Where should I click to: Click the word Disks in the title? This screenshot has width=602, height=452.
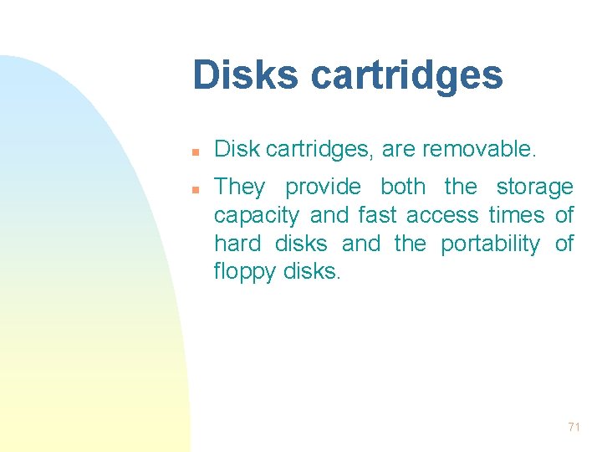[245, 74]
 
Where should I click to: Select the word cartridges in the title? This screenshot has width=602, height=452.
[406, 76]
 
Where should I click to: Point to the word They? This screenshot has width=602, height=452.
[239, 187]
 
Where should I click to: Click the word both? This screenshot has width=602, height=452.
[403, 186]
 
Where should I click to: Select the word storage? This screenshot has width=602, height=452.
[535, 187]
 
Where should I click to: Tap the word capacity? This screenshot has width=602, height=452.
[256, 216]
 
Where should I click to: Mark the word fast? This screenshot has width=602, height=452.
[377, 215]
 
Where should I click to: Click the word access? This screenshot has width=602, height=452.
[442, 215]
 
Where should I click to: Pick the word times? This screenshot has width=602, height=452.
[517, 215]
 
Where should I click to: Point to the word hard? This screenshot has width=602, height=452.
[237, 244]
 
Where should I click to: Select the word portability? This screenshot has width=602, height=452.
[490, 244]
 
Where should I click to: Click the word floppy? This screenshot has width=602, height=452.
[244, 273]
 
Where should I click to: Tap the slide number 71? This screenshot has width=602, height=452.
[574, 427]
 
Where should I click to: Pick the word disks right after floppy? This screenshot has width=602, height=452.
[311, 272]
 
